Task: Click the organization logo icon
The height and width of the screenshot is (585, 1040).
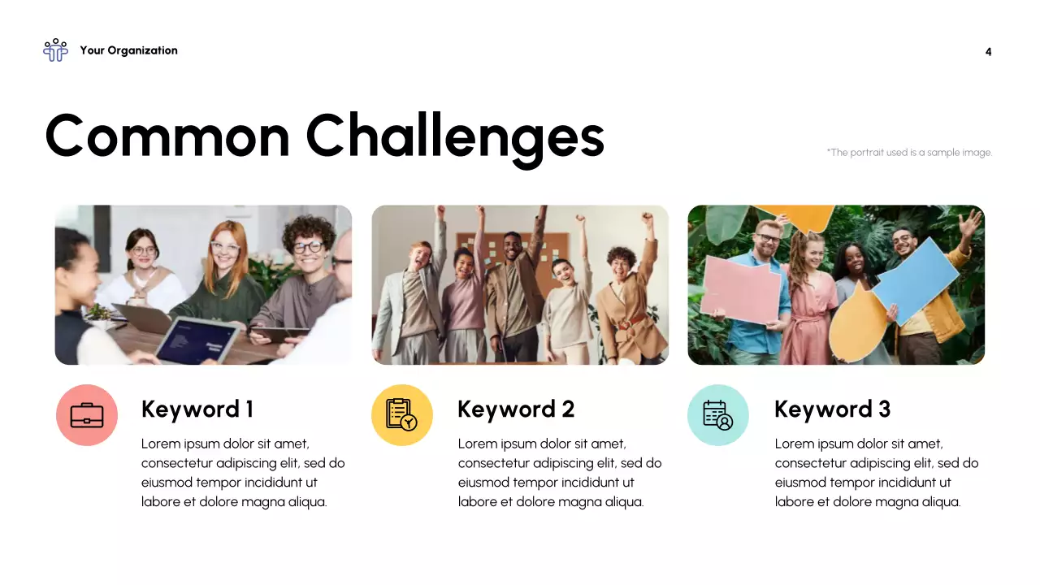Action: click(55, 50)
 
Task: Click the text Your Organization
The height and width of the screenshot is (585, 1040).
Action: click(128, 50)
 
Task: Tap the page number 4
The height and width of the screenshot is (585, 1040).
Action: click(988, 52)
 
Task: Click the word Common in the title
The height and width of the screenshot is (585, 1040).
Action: click(167, 136)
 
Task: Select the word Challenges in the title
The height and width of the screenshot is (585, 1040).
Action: click(455, 136)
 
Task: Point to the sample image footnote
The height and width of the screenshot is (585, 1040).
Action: click(909, 152)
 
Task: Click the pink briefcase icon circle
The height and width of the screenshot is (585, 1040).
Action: click(87, 415)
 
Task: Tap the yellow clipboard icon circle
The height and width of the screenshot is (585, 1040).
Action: click(402, 415)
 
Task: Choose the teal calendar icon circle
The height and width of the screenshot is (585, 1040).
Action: click(718, 415)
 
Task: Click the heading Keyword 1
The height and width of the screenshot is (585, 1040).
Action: click(197, 409)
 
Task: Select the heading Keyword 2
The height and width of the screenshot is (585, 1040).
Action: click(516, 409)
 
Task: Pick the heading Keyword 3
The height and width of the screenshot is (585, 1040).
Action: click(832, 409)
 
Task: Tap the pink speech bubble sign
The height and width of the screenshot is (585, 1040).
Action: click(741, 288)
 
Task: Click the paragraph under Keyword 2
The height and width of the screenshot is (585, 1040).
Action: click(560, 473)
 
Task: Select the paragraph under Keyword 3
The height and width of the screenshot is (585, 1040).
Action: click(877, 473)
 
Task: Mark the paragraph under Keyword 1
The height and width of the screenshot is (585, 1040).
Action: click(243, 473)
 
